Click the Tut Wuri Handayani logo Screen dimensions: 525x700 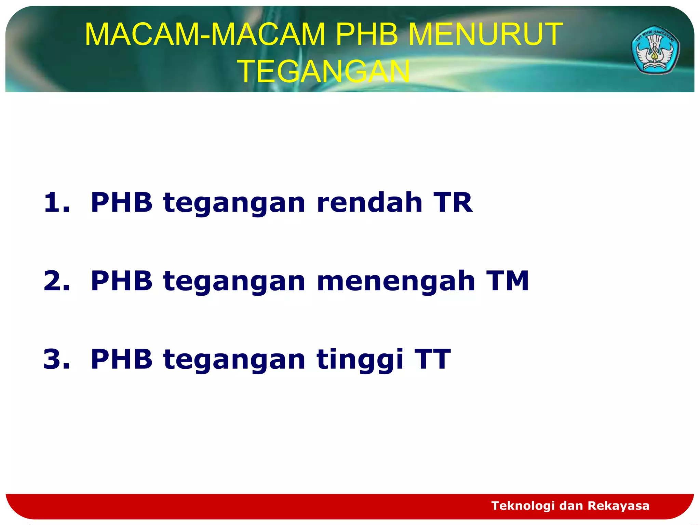(655, 50)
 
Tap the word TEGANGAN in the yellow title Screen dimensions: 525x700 (325, 71)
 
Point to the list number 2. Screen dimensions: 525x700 (56, 281)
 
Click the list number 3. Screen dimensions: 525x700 (56, 359)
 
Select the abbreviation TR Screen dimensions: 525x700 (453, 203)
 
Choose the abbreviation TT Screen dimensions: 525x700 (432, 359)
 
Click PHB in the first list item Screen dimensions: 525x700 (121, 203)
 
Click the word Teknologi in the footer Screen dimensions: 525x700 (523, 506)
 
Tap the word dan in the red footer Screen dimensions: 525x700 (571, 506)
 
